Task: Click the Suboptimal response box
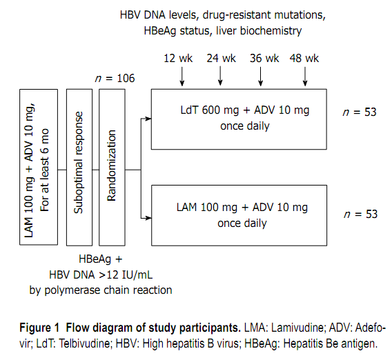tap(79, 166)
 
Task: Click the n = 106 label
tap(114, 78)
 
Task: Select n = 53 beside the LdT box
tap(360, 112)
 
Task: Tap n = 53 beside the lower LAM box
tap(360, 214)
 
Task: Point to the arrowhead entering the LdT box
tap(148, 119)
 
